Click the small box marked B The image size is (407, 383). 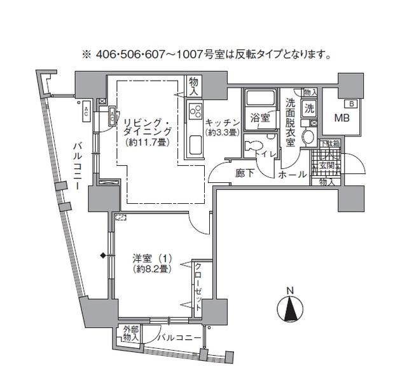(x=349, y=104)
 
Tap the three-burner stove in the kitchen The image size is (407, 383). (x=193, y=115)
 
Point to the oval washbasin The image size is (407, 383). (x=310, y=137)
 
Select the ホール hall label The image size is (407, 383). (x=293, y=174)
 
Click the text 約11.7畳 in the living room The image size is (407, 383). (x=148, y=142)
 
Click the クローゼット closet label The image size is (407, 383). (x=198, y=287)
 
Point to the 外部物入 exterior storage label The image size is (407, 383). (x=130, y=334)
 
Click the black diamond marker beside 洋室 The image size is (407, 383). (x=102, y=257)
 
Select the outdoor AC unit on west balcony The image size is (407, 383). (x=85, y=112)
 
